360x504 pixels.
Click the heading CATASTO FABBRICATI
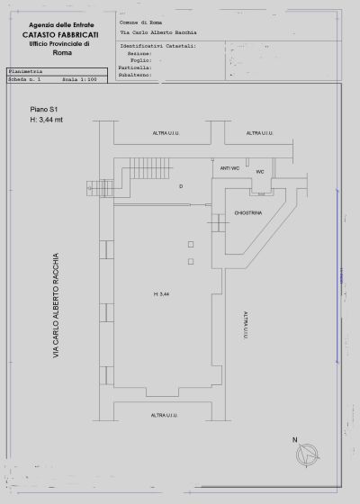[61, 33]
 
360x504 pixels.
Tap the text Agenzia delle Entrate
[61, 24]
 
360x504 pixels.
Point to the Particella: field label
[134, 67]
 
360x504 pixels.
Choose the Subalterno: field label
[134, 75]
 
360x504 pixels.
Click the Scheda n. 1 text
[25, 80]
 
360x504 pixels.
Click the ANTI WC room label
[229, 168]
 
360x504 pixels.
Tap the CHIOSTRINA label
[247, 213]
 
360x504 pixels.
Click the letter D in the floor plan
[181, 186]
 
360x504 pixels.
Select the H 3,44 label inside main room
[161, 294]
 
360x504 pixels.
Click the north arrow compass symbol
[309, 454]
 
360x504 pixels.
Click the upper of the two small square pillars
[190, 244]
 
